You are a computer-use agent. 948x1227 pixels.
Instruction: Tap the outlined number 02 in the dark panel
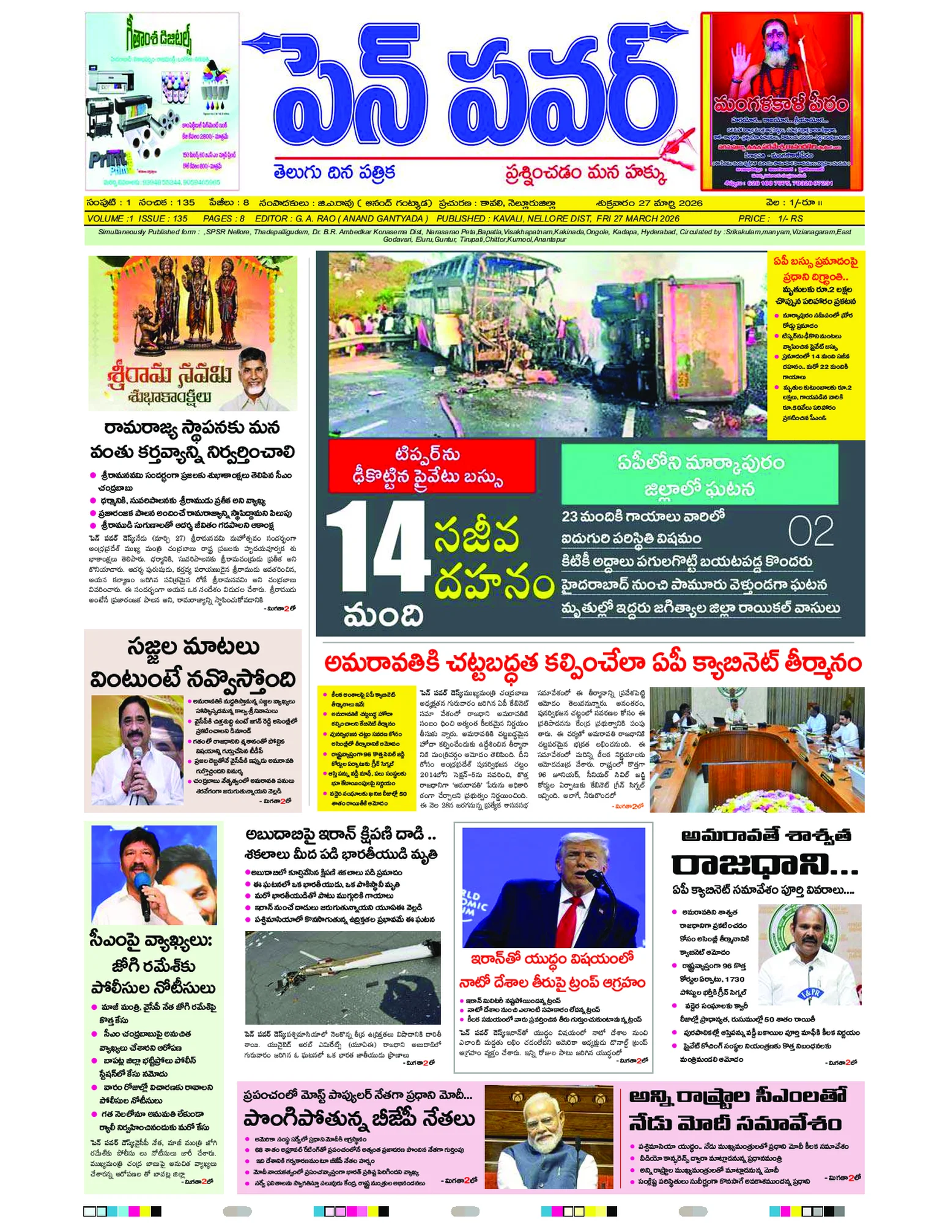[x=810, y=531]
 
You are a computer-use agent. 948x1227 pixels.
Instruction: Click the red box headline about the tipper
[x=432, y=466]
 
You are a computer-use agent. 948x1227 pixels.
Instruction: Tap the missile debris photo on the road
[x=343, y=977]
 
